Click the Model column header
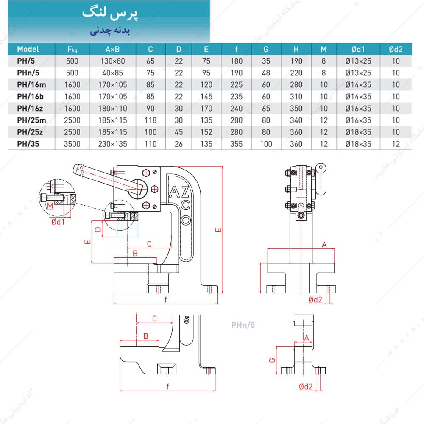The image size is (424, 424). [28, 49]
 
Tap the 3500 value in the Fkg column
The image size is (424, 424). [72, 144]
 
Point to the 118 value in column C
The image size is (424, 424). [151, 120]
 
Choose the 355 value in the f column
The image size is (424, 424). [237, 144]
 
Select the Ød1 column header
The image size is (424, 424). [358, 49]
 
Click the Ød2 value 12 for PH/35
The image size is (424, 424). [396, 144]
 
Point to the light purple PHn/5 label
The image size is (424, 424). [243, 326]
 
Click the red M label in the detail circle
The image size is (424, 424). [50, 206]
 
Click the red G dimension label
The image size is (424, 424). [273, 360]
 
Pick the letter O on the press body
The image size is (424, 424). [185, 220]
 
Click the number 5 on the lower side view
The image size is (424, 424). [187, 320]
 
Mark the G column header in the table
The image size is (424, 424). [266, 49]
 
